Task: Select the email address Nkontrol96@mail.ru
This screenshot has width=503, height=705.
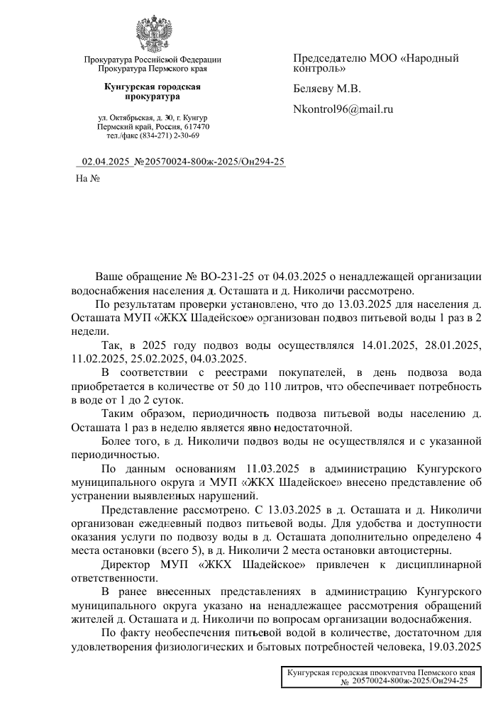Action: [343, 109]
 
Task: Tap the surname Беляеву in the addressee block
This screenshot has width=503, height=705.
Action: [318, 89]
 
